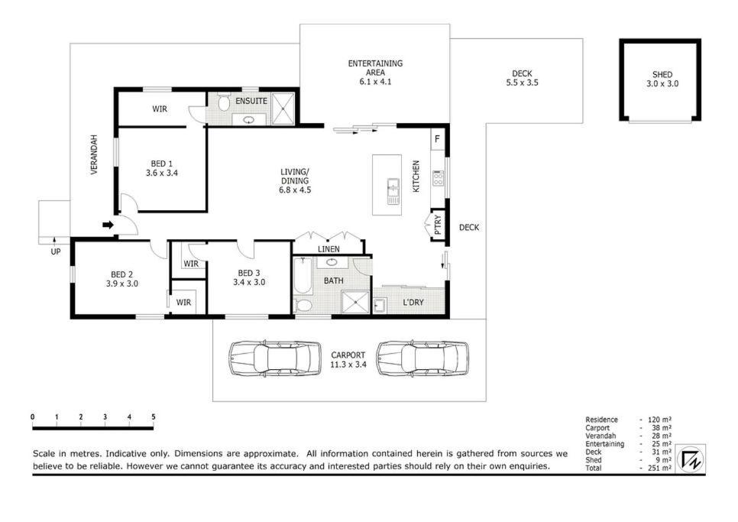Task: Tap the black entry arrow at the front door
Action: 108,225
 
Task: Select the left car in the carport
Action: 275,358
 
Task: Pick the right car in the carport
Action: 422,358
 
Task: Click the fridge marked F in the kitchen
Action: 437,139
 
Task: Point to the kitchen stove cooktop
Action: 439,178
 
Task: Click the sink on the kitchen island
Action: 393,192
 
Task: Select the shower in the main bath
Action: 356,302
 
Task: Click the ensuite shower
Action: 283,109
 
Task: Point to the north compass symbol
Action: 691,459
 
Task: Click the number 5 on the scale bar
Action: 154,417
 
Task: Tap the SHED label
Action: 662,74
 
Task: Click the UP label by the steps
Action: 56,251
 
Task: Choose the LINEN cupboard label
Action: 329,249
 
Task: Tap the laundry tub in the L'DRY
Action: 380,306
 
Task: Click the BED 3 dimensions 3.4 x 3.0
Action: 249,283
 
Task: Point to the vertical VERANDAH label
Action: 94,155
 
